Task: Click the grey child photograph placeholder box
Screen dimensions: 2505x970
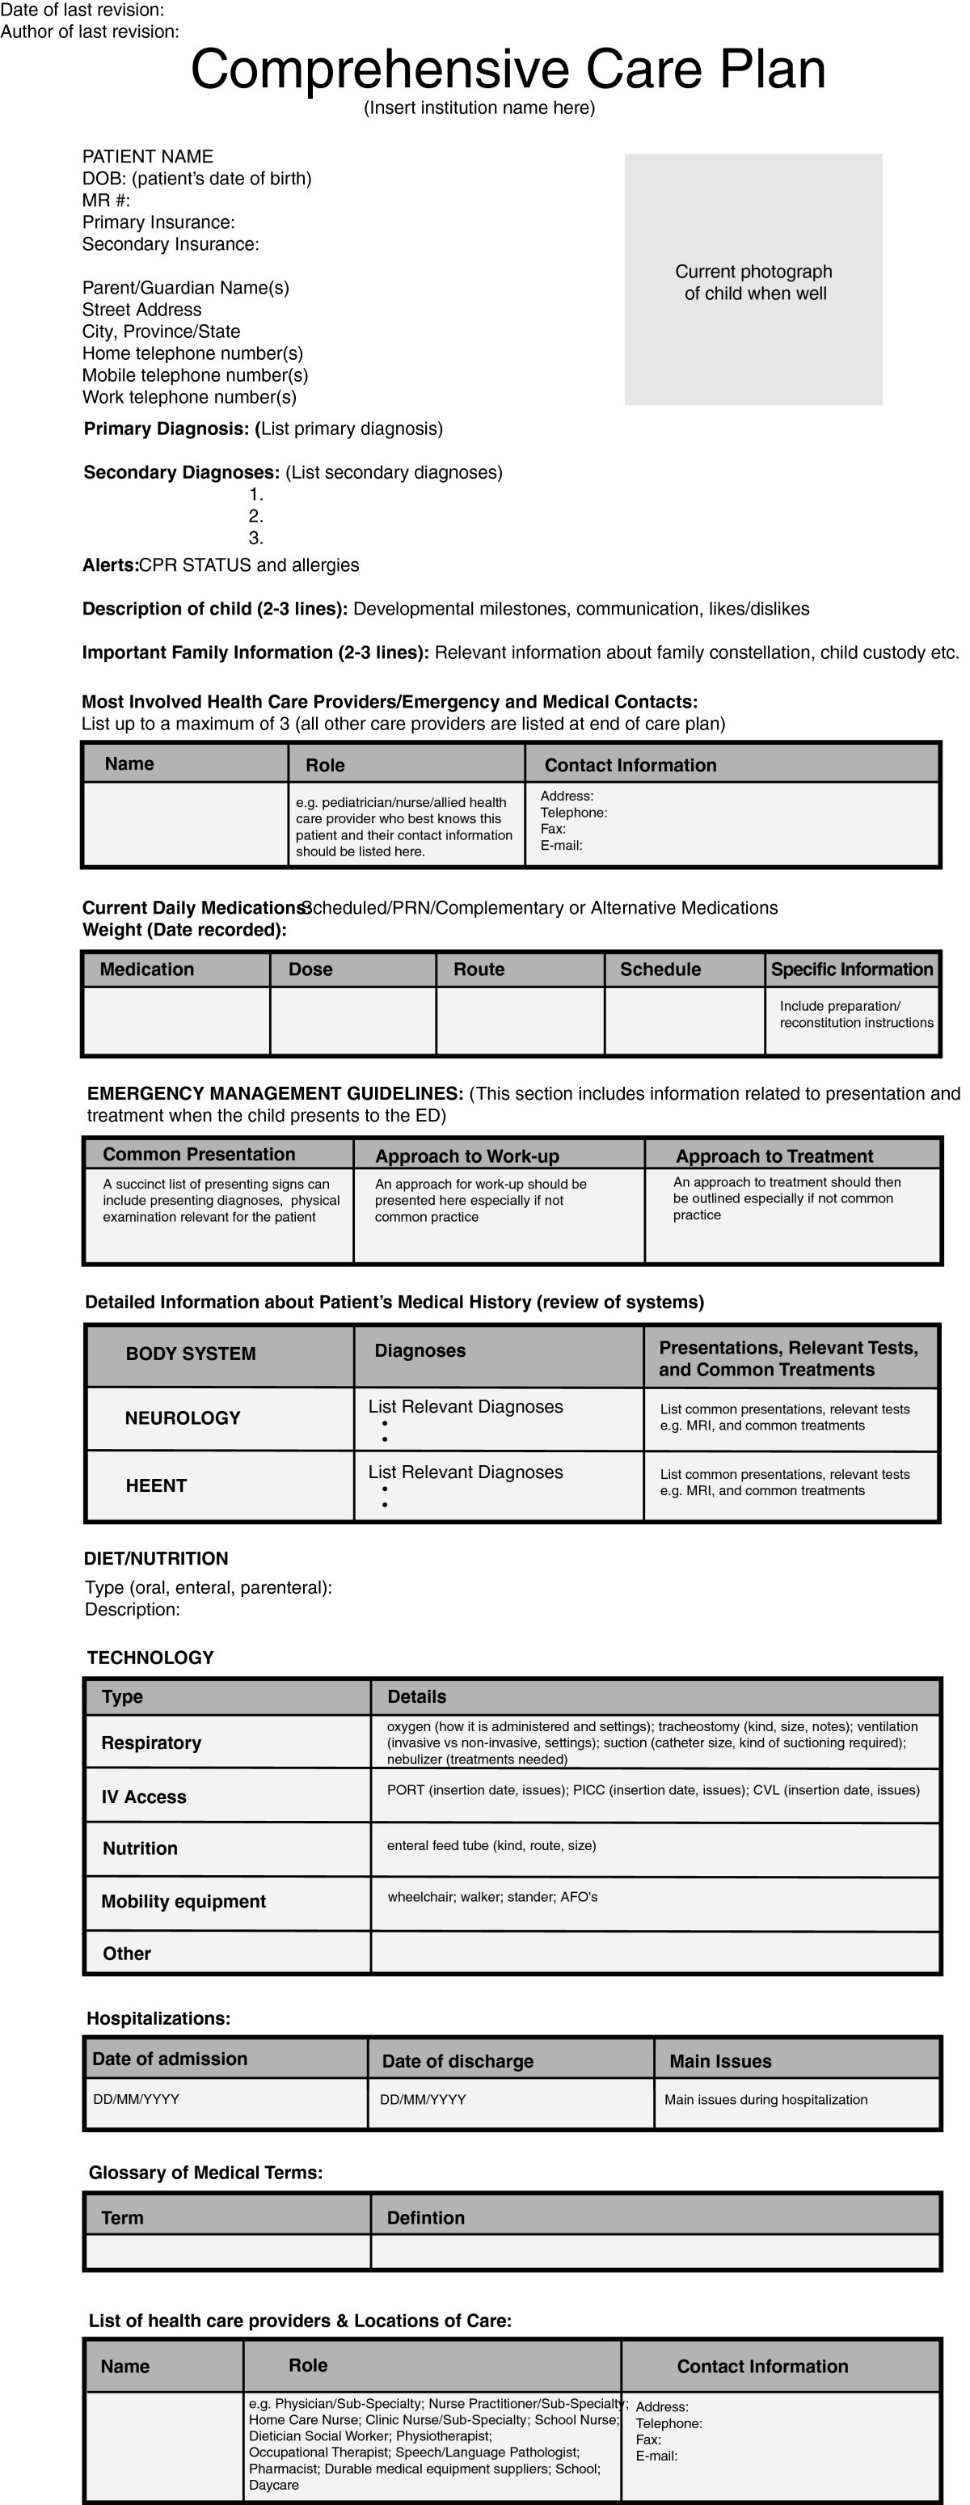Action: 753,279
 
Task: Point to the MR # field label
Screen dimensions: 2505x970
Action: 106,201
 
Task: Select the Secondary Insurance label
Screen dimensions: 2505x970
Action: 170,244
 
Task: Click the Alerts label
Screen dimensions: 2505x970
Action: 110,565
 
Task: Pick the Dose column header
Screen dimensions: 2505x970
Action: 311,969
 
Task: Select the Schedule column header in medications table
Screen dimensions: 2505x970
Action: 660,969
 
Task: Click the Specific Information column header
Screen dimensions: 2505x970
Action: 851,969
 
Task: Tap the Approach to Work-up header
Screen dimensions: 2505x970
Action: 466,1155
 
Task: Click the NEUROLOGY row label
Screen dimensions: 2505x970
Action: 182,1417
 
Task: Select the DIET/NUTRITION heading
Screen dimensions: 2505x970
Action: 155,1558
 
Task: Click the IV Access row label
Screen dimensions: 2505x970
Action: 144,1797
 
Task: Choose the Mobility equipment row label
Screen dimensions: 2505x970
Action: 183,1901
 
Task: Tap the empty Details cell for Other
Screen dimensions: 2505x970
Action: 654,1953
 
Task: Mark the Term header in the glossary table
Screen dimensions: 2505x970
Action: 123,2217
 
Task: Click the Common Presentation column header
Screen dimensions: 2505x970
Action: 198,1155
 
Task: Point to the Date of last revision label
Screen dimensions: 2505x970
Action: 82,10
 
